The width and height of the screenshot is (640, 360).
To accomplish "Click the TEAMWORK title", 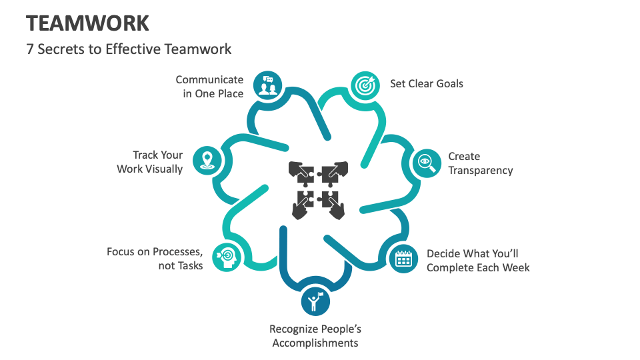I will (x=87, y=23).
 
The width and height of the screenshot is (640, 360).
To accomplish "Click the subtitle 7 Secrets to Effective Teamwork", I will (x=129, y=49).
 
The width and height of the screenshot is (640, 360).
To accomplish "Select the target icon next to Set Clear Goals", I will (x=364, y=85).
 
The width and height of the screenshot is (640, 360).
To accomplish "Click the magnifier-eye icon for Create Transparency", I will (x=425, y=163).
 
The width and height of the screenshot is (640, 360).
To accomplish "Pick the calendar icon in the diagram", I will (x=403, y=258).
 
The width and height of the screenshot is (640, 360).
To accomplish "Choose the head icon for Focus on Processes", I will (x=225, y=256).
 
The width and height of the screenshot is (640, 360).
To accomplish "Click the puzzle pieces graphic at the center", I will (x=317, y=190).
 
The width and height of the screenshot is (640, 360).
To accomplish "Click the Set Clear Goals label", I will (x=427, y=84).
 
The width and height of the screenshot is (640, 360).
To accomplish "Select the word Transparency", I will (x=480, y=170).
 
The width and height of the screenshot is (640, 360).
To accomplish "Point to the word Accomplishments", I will (x=315, y=343).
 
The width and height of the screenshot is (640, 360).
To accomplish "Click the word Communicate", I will (x=209, y=80).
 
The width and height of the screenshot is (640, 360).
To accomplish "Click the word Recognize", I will (x=293, y=329).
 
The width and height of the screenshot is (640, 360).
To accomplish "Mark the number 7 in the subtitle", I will (x=30, y=49).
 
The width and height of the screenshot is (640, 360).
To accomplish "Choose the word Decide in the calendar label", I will (x=443, y=253).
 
